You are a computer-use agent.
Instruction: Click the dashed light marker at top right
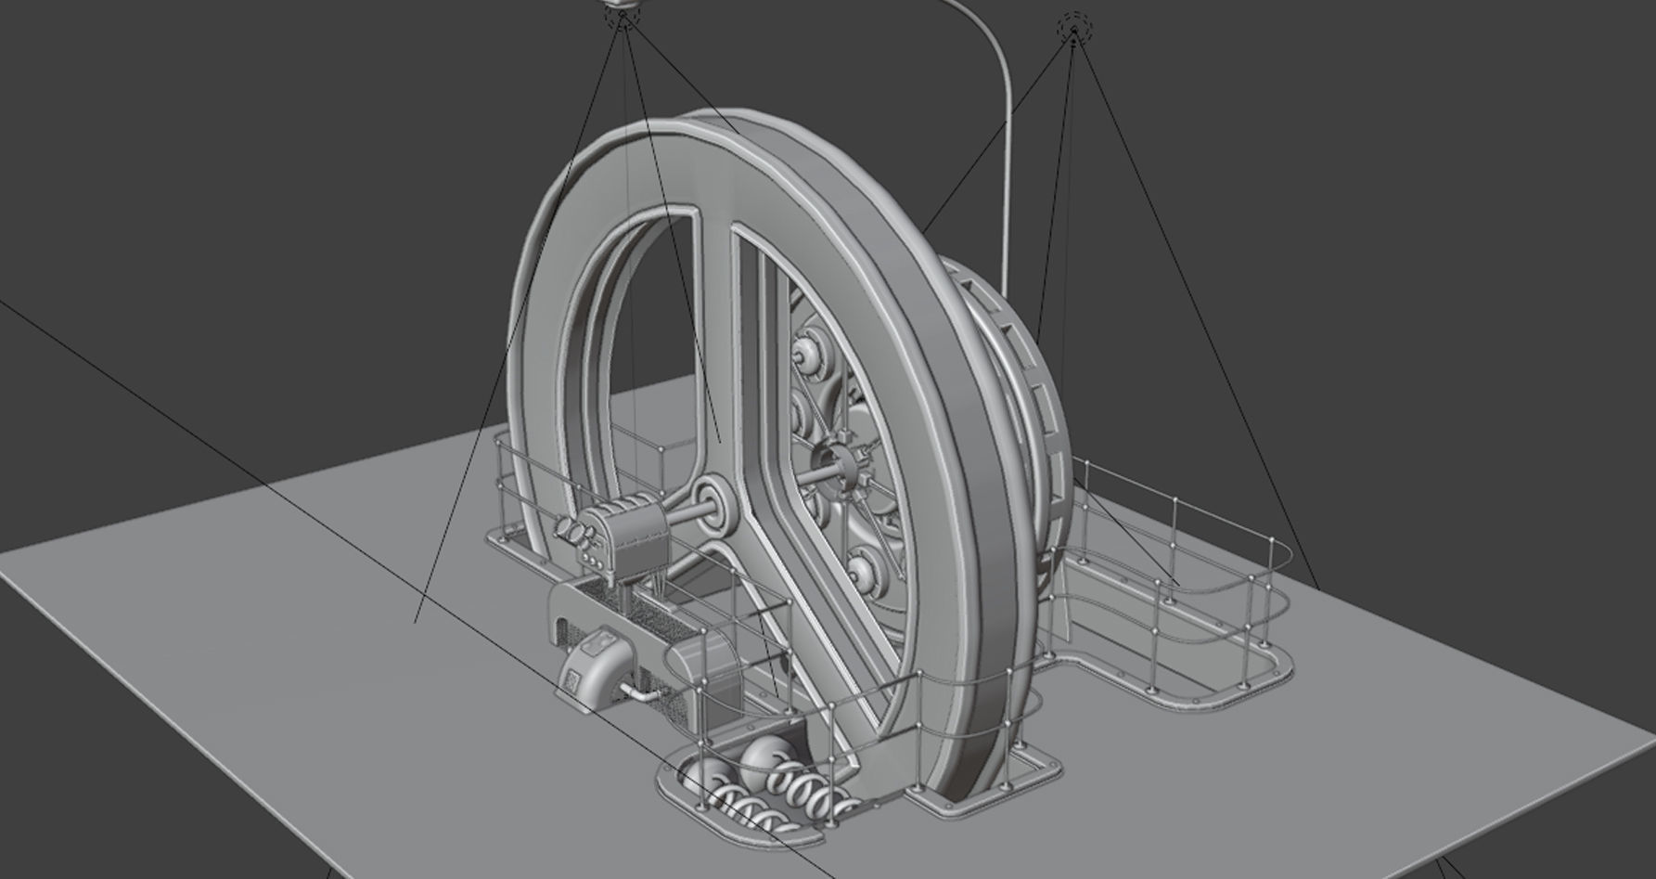point(1074,28)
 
